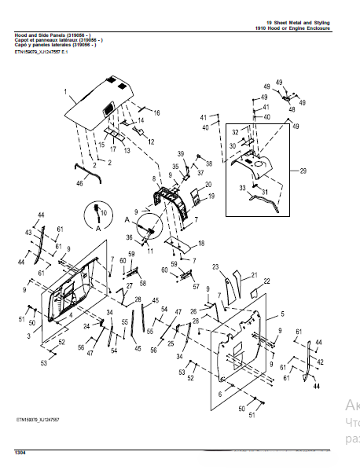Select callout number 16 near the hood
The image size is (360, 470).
point(156,114)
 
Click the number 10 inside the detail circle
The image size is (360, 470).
point(104,214)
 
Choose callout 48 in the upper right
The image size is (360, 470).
point(292,110)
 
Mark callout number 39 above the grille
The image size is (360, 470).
point(180,153)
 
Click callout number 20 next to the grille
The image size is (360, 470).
point(209,185)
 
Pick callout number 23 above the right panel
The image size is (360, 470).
point(215,268)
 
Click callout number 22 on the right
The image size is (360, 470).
point(266,281)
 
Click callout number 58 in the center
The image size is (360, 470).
point(143,283)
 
